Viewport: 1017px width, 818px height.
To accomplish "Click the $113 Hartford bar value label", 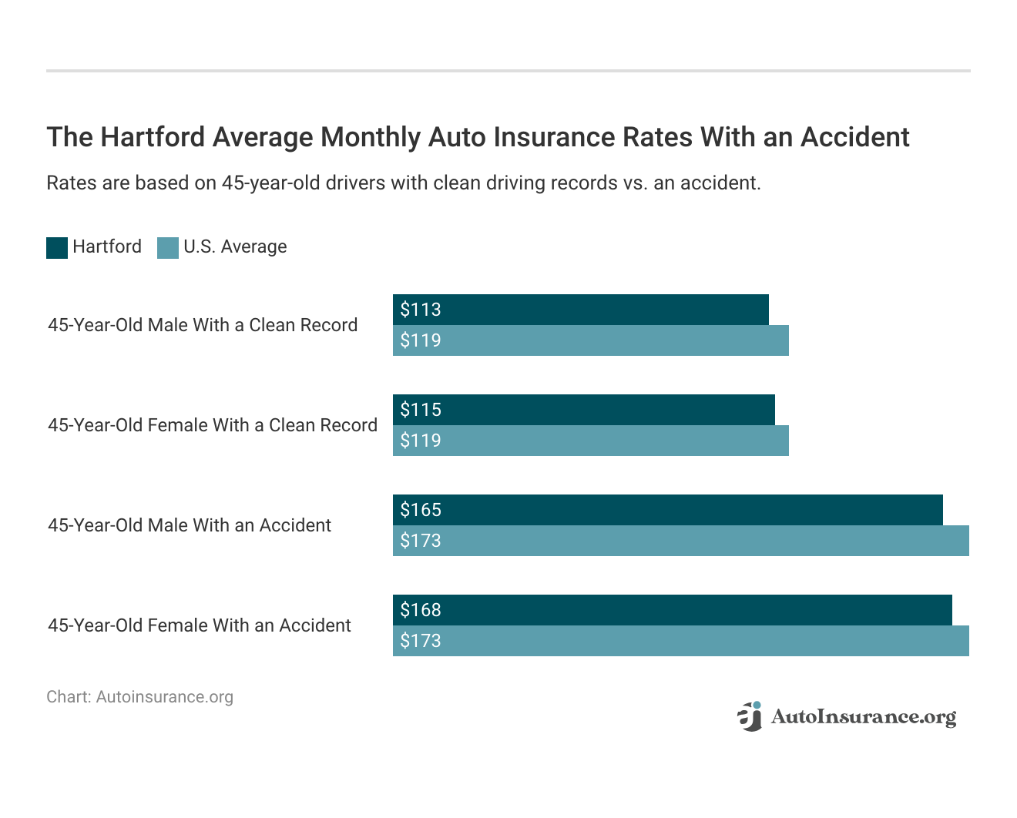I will pyautogui.click(x=421, y=310).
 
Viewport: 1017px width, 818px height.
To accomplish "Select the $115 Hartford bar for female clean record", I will pyautogui.click(x=583, y=410).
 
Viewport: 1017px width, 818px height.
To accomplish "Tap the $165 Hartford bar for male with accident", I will pyautogui.click(x=667, y=510).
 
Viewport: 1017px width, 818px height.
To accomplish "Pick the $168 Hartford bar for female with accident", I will pyautogui.click(x=672, y=610).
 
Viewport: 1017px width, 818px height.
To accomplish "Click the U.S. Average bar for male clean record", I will pyautogui.click(x=590, y=340).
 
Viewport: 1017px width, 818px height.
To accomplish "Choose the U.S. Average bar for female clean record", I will pyautogui.click(x=590, y=441).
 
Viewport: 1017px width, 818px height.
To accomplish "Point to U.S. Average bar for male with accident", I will pyautogui.click(x=680, y=541).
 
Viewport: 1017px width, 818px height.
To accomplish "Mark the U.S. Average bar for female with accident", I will pyautogui.click(x=680, y=641).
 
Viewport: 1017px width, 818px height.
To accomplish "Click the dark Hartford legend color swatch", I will pyautogui.click(x=57, y=247).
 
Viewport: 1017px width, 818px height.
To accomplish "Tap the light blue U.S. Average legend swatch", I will pyautogui.click(x=168, y=247).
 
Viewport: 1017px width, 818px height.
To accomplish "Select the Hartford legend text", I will pyautogui.click(x=107, y=246).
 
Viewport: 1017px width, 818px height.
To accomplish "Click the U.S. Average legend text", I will pyautogui.click(x=235, y=246).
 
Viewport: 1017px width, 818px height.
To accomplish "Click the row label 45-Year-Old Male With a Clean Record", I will pyautogui.click(x=203, y=325).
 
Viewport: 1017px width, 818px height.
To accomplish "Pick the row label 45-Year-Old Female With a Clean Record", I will pyautogui.click(x=213, y=425).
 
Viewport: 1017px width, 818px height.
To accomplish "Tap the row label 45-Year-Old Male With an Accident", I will pyautogui.click(x=190, y=525).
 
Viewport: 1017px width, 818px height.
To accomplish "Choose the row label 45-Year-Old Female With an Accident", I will pyautogui.click(x=200, y=625).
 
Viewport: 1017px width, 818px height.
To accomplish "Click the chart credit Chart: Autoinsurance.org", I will pyautogui.click(x=139, y=697).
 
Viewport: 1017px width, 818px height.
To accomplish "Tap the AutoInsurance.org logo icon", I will pyautogui.click(x=750, y=716).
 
